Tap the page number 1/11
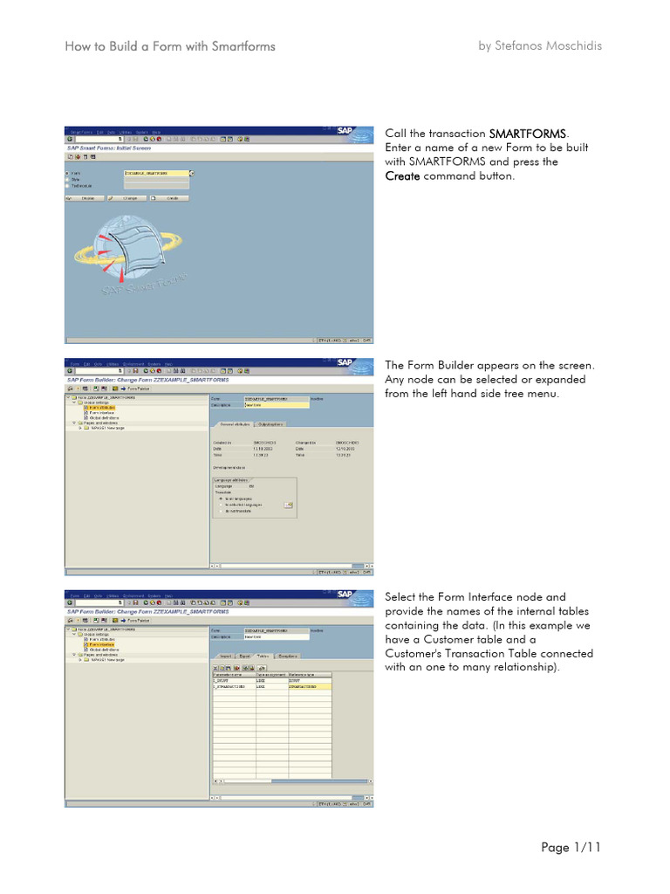click(x=586, y=847)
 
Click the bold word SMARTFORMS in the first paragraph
click(x=528, y=134)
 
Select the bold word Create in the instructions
click(x=402, y=175)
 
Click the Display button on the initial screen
click(x=85, y=198)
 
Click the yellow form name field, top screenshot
click(x=155, y=173)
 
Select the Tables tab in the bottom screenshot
click(x=262, y=655)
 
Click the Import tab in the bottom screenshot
click(x=224, y=655)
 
